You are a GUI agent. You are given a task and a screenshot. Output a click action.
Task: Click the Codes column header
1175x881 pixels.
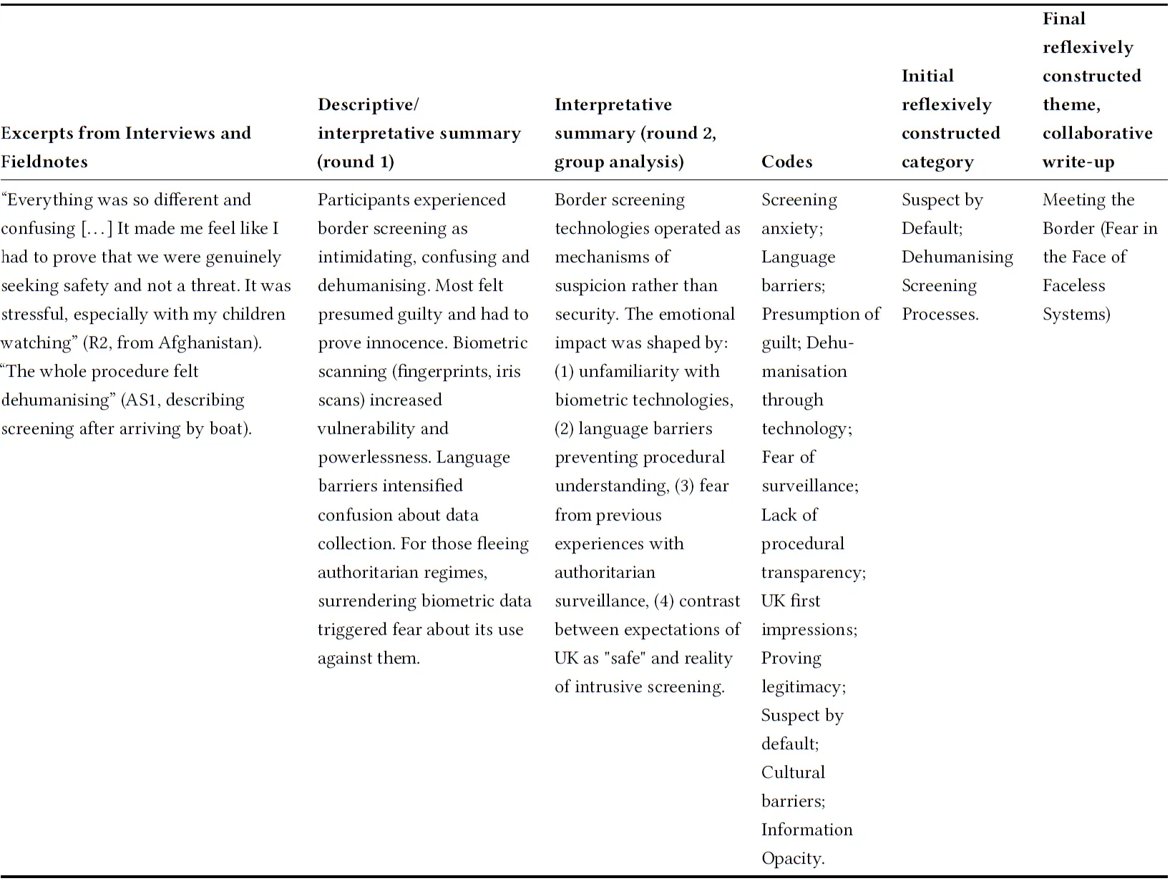coord(786,162)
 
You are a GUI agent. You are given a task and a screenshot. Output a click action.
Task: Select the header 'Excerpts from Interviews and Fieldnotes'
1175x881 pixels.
coord(126,147)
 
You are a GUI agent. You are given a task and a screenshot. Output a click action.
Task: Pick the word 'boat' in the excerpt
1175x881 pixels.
coord(225,429)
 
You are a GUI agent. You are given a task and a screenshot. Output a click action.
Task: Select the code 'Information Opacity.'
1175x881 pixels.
coord(806,844)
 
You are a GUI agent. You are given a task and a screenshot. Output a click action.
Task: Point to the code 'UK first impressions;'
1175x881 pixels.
coord(809,615)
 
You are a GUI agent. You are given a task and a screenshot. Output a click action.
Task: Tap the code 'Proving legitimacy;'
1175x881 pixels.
coord(803,672)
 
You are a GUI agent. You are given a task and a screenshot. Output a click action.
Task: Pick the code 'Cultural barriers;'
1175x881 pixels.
coord(793,787)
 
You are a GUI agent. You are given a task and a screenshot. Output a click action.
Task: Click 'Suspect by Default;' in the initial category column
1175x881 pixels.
coord(942,214)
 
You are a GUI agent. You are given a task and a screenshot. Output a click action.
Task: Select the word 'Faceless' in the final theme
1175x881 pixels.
coord(1073,286)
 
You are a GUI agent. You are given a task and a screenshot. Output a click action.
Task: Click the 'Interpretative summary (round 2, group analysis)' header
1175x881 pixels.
coord(635,133)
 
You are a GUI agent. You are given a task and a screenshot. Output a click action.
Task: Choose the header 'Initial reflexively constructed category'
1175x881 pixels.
coord(950,119)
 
